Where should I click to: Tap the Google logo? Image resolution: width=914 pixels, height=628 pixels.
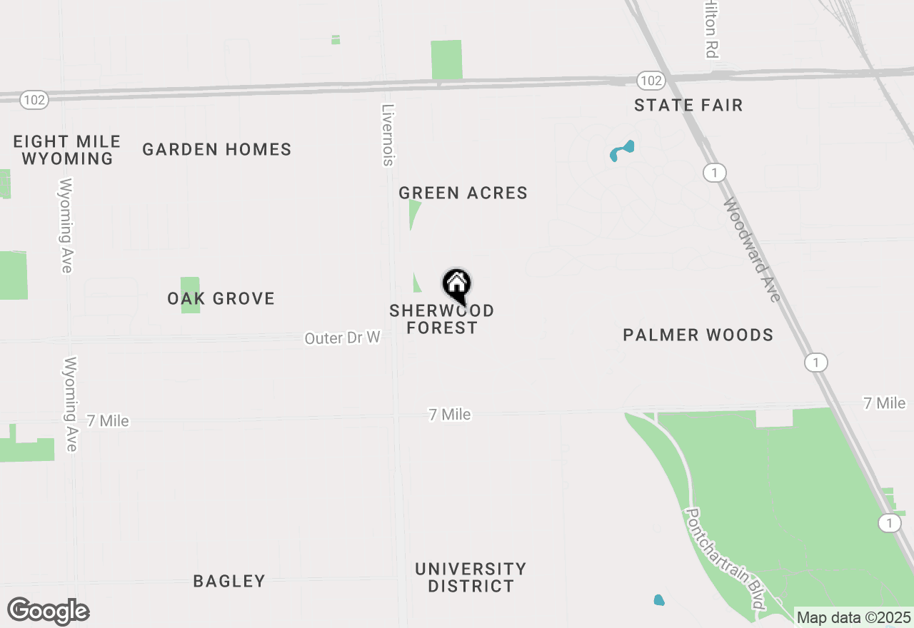pos(48,612)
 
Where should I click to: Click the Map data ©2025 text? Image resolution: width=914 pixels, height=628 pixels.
pos(853,617)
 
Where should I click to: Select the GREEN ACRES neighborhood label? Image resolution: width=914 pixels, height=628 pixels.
pos(463,193)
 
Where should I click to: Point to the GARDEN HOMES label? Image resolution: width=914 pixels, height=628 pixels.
pos(216,149)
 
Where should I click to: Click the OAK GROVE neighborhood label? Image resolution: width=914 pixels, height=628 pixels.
pos(221,298)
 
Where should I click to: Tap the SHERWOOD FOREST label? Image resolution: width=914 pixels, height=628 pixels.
pos(441,319)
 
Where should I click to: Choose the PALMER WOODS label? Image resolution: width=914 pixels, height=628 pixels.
pos(698,335)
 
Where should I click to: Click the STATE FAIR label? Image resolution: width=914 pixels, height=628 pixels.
pos(688,105)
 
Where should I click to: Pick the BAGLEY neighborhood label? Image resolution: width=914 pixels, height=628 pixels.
pos(229,581)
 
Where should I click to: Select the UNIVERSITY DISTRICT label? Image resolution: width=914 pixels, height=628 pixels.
pos(470,577)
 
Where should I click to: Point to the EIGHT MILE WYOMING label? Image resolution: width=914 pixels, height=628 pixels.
pos(67,150)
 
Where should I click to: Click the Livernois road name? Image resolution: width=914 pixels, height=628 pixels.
pos(388,136)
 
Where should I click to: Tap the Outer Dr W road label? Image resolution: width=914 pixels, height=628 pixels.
pos(342,338)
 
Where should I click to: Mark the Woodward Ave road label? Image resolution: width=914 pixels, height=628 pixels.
pos(752,250)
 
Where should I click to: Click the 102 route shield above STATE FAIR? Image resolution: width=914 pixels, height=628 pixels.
pos(651,81)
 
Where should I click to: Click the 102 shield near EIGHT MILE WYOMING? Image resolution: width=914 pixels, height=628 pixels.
pos(34,100)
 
